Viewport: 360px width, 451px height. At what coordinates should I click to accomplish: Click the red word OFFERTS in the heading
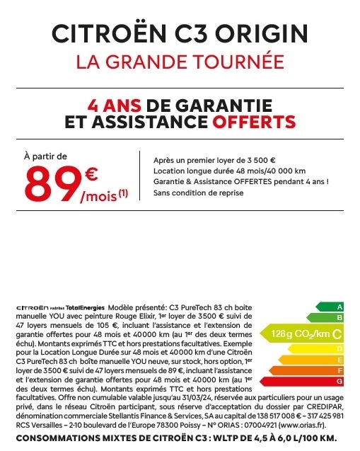click(235, 122)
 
